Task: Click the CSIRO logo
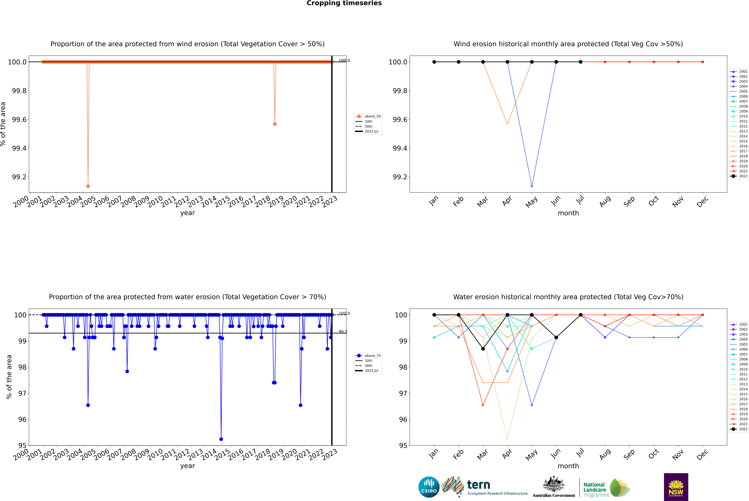(429, 487)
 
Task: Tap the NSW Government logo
(676, 487)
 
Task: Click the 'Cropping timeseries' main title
(344, 3)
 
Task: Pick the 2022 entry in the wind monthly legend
(743, 176)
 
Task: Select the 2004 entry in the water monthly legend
(743, 339)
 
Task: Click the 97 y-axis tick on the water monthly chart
(403, 393)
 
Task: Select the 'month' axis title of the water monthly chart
(568, 466)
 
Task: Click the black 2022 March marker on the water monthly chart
(483, 349)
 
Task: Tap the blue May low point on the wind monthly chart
(532, 186)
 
